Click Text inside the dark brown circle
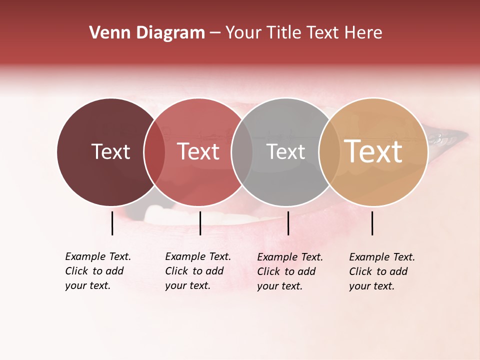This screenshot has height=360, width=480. [x=110, y=151]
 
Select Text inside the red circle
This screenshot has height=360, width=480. [x=198, y=151]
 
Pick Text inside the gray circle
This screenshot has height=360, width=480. [x=285, y=151]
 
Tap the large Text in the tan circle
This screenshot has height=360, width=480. [x=373, y=151]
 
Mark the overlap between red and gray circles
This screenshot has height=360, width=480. [x=242, y=152]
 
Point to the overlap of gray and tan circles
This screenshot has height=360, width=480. [x=328, y=152]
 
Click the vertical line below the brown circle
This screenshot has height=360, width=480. [x=112, y=223]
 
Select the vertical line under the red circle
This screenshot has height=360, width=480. [x=200, y=223]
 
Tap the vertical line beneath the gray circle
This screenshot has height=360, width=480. [x=288, y=223]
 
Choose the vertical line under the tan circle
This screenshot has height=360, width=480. [x=372, y=223]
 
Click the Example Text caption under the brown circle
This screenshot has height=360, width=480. [x=97, y=271]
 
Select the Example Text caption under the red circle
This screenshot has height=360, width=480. [x=197, y=271]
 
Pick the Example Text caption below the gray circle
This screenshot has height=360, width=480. [x=289, y=271]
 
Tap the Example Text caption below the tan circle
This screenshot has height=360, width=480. [x=381, y=271]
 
